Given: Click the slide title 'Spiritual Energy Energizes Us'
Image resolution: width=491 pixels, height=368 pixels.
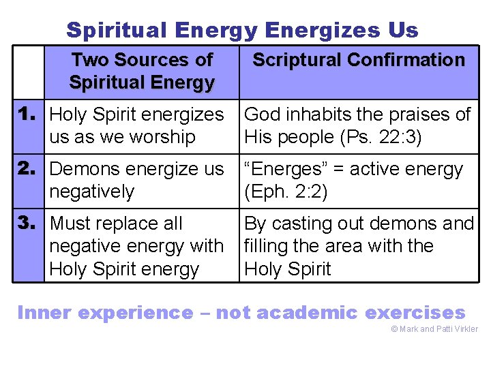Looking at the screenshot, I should (242, 30).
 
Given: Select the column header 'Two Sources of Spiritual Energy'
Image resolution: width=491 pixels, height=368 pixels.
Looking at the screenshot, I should (142, 72).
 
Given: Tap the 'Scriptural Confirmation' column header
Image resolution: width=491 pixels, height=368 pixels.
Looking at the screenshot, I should (359, 60).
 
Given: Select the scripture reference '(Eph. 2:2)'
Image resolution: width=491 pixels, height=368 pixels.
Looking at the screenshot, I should (286, 192).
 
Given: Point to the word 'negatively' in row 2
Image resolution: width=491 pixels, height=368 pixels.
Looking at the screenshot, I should (92, 192).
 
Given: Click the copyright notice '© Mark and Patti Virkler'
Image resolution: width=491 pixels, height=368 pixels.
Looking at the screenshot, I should (434, 330).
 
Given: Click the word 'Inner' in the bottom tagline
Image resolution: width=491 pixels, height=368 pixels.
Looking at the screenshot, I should (44, 313).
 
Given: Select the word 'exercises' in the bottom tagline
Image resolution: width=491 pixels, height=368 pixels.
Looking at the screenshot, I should (415, 313).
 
